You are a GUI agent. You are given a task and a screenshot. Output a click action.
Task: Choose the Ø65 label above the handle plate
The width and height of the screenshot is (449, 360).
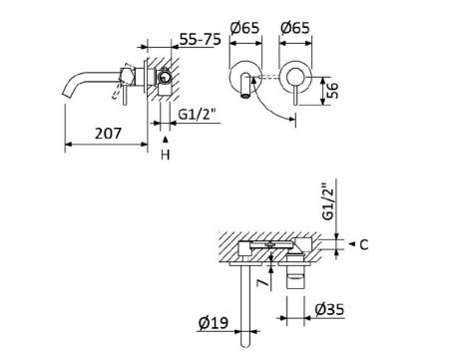(x=297, y=27)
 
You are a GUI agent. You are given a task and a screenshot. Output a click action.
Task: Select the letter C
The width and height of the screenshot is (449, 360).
(x=365, y=243)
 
